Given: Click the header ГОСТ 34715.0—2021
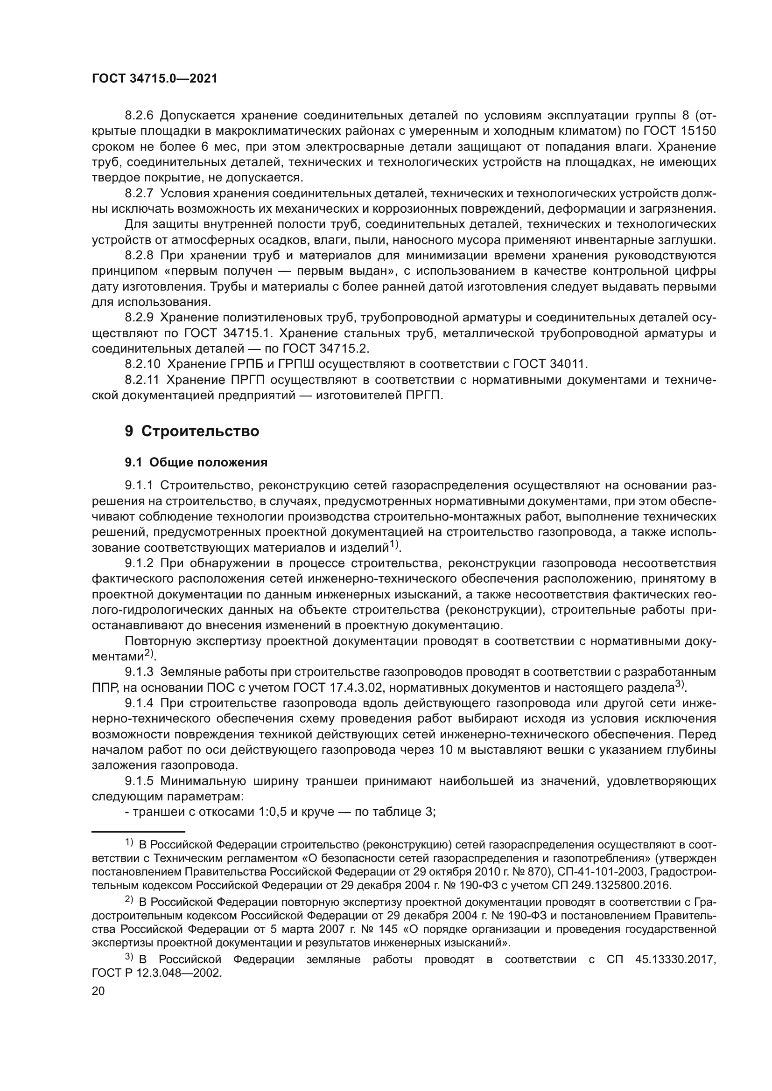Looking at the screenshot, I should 154,79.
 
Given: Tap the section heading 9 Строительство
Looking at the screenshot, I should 192,431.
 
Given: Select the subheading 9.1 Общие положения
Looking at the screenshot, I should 196,462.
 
